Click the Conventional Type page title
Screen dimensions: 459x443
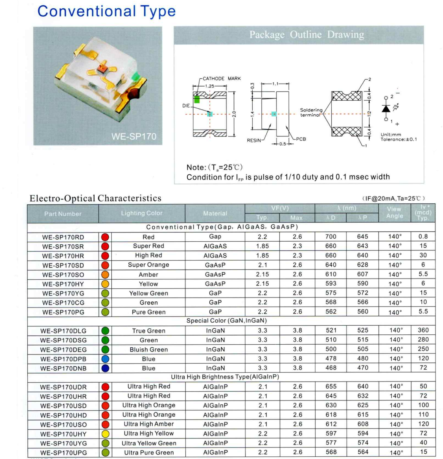coord(106,11)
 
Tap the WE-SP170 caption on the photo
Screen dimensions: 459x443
coord(134,136)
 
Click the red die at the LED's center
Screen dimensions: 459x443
coord(101,68)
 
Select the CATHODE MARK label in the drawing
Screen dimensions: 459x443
coord(221,79)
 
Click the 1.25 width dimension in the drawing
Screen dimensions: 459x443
coord(209,86)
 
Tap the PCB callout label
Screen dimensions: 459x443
coord(301,139)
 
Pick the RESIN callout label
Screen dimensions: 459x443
coord(254,141)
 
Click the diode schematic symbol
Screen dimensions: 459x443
coord(386,109)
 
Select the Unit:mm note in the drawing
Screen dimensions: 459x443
coord(391,135)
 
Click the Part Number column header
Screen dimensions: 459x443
coord(63,214)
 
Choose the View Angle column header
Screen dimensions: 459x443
coord(394,212)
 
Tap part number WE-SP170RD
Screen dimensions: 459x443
coord(63,237)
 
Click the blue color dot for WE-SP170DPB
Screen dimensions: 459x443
coord(105,359)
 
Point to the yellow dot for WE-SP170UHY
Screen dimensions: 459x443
coord(105,434)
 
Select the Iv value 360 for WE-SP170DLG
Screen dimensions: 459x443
coord(423,330)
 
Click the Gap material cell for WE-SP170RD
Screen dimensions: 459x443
coord(215,236)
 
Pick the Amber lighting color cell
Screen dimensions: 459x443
coord(148,274)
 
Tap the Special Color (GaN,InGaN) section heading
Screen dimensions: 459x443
coord(226,321)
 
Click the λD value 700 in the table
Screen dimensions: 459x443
coord(331,236)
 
